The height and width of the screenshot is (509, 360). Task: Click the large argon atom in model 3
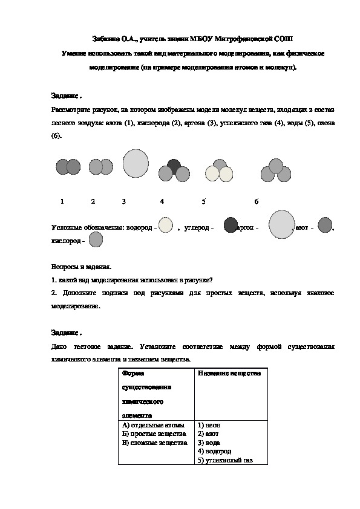136,164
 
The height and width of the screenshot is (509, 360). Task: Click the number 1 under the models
62,201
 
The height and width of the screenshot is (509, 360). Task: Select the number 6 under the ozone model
257,201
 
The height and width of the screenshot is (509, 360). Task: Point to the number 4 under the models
162,201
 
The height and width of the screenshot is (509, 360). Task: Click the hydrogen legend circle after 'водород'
165,225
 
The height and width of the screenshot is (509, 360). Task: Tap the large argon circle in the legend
281,224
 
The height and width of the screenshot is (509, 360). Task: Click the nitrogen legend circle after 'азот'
325,225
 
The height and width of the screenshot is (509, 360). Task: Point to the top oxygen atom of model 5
220,165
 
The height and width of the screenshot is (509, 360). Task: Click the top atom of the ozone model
276,165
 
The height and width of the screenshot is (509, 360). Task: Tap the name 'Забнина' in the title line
106,38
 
